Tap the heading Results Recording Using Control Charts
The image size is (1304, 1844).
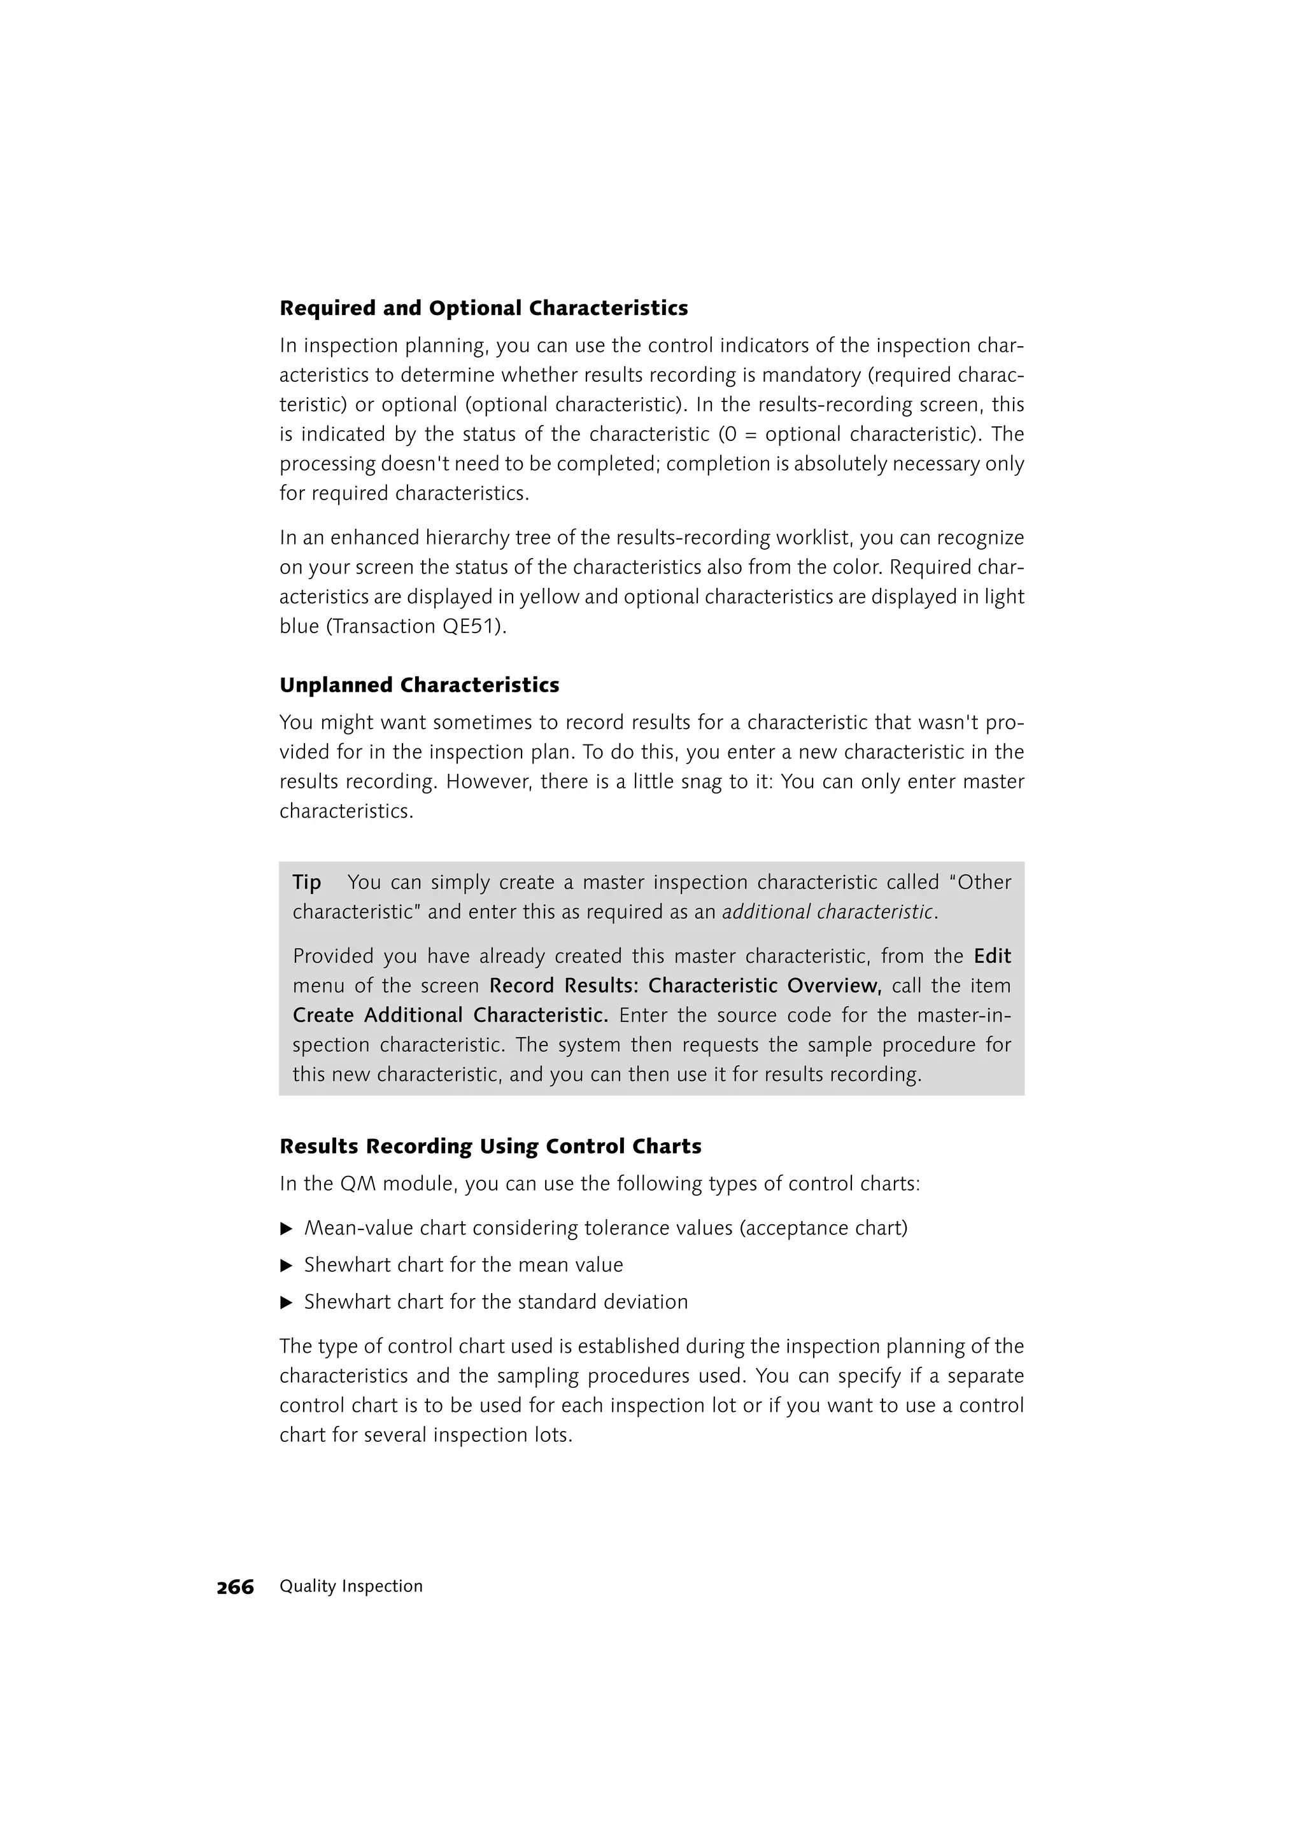490,1146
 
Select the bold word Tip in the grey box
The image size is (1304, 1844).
307,883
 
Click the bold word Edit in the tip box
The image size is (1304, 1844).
991,956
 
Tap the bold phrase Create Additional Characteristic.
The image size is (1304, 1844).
450,1015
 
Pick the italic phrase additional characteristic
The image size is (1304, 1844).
828,912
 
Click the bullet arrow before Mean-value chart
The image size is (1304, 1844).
286,1229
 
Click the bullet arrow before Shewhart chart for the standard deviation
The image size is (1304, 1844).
286,1303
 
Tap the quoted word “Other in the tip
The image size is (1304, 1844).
979,883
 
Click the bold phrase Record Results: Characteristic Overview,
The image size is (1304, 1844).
685,986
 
